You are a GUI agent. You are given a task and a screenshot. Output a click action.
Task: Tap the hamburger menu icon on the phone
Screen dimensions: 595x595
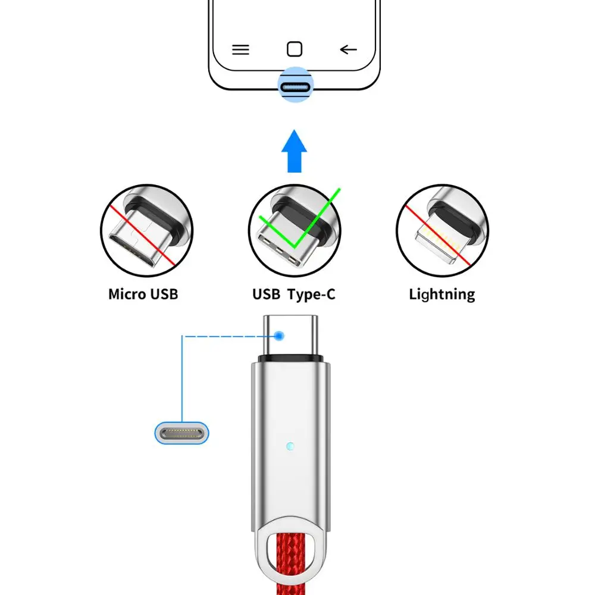point(240,49)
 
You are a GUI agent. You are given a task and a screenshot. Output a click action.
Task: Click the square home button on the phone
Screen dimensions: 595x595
point(294,49)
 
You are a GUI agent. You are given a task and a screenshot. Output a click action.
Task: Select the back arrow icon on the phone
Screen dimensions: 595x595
point(348,49)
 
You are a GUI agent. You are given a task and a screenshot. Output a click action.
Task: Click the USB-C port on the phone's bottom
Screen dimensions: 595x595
point(295,87)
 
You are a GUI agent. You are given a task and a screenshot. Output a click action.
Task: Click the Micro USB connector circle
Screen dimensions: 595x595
point(146,230)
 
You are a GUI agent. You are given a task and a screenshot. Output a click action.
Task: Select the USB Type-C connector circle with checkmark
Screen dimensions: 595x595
point(295,230)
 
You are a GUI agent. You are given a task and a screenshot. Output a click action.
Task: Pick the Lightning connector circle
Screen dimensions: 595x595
point(442,230)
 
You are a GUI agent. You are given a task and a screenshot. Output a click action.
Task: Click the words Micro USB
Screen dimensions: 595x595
point(143,294)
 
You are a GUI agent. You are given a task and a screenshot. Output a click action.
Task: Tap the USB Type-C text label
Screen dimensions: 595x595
point(294,294)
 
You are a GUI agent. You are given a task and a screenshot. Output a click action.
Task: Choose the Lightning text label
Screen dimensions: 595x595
point(442,294)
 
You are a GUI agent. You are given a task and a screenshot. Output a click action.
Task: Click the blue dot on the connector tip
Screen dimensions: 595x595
point(280,336)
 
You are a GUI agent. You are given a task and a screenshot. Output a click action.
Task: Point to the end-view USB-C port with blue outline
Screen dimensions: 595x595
point(182,432)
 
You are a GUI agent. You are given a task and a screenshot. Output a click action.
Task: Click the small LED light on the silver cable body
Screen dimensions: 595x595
point(289,446)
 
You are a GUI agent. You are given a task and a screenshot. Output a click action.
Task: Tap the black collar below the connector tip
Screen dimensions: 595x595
point(290,359)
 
